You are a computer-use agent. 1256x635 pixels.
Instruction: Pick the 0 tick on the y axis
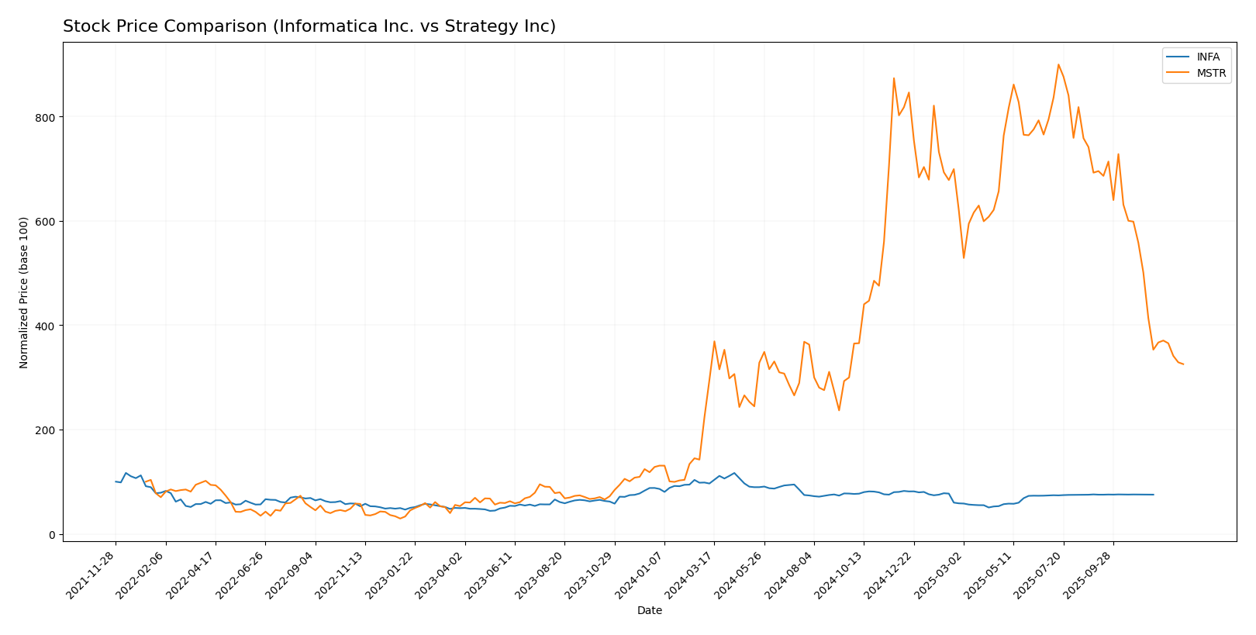pos(52,534)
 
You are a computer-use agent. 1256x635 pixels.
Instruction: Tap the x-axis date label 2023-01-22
pos(392,575)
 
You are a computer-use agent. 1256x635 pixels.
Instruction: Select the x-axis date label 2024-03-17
pos(691,575)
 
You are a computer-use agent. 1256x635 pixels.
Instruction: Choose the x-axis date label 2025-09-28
pos(1090,575)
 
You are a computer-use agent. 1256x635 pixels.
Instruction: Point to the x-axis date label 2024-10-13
pos(840,575)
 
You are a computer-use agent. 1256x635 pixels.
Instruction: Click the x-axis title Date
pos(649,611)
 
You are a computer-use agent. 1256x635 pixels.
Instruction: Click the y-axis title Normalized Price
pos(24,292)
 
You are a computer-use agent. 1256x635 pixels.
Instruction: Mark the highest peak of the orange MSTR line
pos(1058,64)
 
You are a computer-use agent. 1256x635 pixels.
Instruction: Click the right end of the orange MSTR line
pos(1183,364)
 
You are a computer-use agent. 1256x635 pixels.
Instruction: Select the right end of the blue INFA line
pos(1154,495)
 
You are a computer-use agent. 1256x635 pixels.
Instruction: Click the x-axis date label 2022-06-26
pos(242,575)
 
